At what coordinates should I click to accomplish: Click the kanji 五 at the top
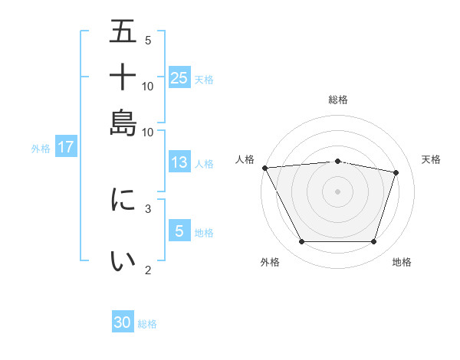tap(123, 33)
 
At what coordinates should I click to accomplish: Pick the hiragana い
tap(123, 261)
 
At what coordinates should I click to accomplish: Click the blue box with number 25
tap(179, 77)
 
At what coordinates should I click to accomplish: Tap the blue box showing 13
tap(179, 162)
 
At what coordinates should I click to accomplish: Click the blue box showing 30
tap(123, 323)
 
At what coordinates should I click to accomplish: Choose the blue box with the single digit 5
tap(179, 231)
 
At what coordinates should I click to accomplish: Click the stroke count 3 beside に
tap(148, 208)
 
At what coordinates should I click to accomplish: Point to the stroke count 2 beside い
tap(148, 269)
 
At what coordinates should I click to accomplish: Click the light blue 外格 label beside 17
tap(41, 149)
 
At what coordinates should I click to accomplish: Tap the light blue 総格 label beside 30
tap(147, 324)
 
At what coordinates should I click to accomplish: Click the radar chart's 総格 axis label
tap(337, 100)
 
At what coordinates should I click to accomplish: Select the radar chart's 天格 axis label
tap(432, 159)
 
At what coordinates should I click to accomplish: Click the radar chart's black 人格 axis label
tap(245, 159)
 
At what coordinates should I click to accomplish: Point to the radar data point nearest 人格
tap(264, 168)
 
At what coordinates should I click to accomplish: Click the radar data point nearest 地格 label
tap(373, 242)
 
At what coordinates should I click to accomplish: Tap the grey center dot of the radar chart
tap(337, 191)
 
